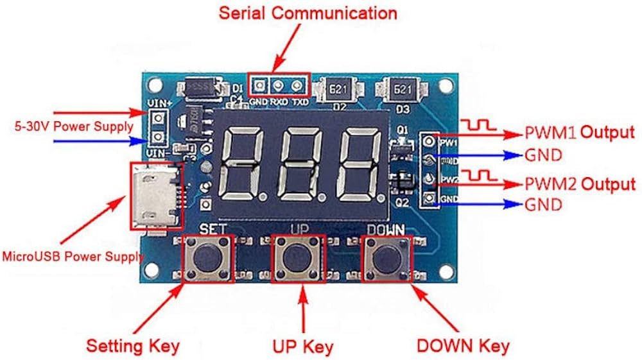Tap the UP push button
point(297,259)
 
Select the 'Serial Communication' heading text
point(308,13)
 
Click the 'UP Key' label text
point(303,347)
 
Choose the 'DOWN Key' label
point(463,346)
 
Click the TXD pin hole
point(297,85)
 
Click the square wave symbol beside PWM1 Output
point(480,124)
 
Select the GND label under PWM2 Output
point(542,205)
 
